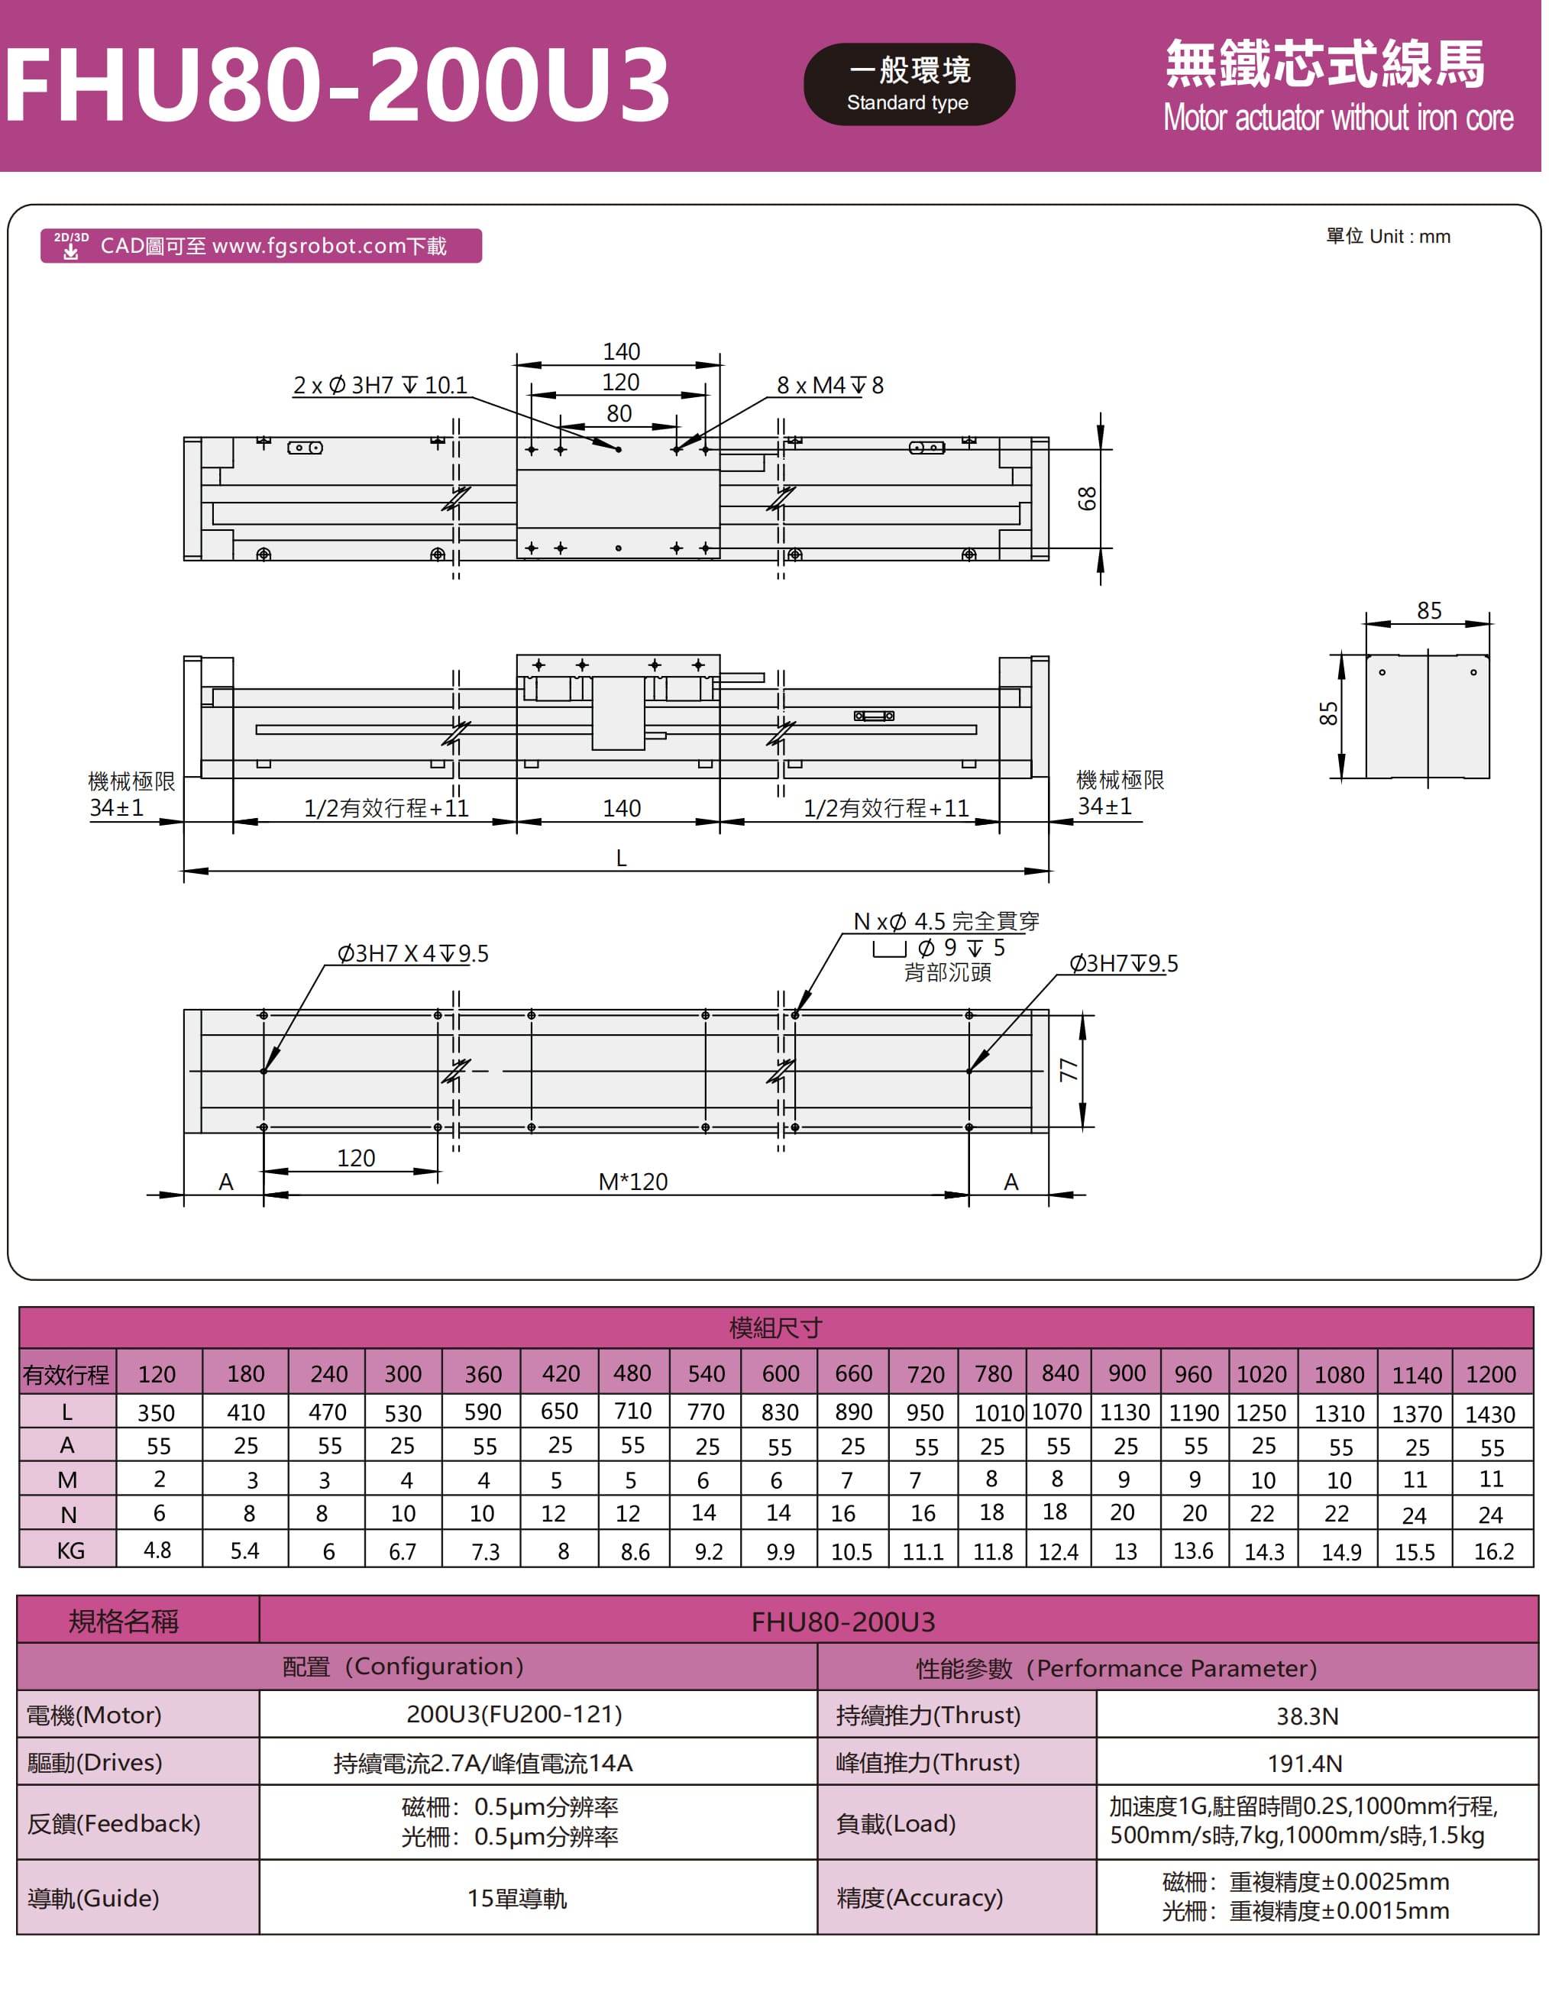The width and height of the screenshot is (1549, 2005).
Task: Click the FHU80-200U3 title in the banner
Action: coord(337,85)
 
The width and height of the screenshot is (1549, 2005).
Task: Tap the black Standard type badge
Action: coord(908,85)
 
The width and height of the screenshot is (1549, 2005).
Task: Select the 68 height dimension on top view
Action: coord(1087,499)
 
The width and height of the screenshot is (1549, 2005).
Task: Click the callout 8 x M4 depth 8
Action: coord(829,386)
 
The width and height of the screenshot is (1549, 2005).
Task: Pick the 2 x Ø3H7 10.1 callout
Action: coord(380,386)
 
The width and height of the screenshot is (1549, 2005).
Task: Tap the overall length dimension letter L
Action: coord(622,859)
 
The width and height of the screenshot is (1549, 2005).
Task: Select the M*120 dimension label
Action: coord(632,1182)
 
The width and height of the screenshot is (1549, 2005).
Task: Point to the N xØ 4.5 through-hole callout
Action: coord(946,922)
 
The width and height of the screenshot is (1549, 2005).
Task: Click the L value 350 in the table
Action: coord(156,1413)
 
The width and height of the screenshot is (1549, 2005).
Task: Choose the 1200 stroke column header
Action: coord(1490,1374)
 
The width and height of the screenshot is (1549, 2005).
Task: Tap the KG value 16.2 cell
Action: coord(1493,1551)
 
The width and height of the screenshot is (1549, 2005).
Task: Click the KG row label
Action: coord(70,1551)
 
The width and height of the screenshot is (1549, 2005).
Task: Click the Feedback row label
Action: coord(114,1823)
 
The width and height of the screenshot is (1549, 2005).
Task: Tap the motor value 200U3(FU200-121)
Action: coord(514,1715)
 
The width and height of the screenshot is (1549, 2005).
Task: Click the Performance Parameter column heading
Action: coord(1116,1668)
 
